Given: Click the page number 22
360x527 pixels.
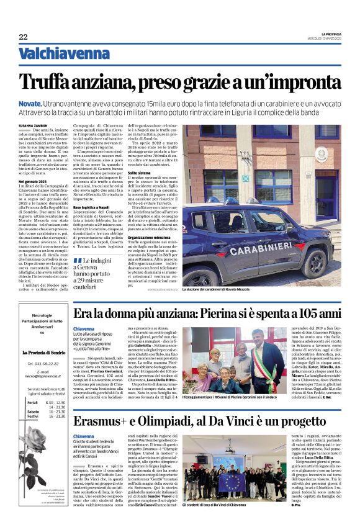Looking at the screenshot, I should pos(24,37).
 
